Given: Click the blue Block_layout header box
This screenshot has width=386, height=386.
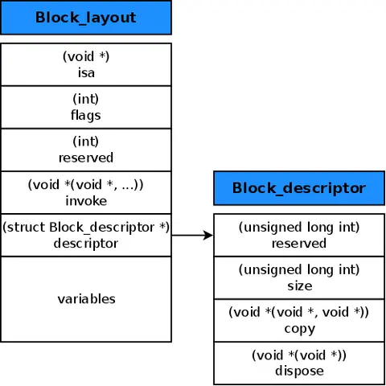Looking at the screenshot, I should (86, 17).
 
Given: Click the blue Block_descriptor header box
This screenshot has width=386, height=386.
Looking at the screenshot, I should (298, 188).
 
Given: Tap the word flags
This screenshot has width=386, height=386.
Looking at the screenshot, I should (86, 114).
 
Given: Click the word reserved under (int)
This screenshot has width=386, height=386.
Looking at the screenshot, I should (86, 157).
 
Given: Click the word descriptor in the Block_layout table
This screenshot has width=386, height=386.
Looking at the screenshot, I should (86, 242).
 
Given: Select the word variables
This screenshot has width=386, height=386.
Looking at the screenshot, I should (86, 299).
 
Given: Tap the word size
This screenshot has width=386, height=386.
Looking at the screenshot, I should (299, 285).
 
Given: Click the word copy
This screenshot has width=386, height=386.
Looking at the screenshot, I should (299, 328).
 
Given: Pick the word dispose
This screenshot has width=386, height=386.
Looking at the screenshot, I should (299, 371).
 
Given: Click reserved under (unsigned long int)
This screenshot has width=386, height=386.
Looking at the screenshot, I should (299, 243).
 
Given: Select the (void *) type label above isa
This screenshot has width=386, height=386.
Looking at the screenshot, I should (86, 56).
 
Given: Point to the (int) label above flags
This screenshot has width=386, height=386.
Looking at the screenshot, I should (86, 100).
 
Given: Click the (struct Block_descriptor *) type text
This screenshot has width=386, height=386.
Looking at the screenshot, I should (86, 228).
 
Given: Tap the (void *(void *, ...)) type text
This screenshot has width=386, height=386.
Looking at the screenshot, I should (86, 184).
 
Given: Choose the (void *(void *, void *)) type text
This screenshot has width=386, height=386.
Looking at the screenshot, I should (299, 313).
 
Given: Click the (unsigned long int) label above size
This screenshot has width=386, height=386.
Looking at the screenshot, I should (299, 270).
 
